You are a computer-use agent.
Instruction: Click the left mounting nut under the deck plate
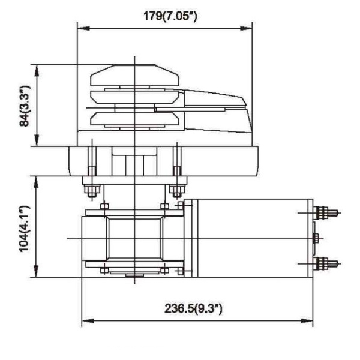pyautogui.click(x=92, y=191)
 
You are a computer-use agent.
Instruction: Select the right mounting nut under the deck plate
pyautogui.click(x=176, y=191)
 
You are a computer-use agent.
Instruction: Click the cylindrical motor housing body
pyautogui.click(x=249, y=238)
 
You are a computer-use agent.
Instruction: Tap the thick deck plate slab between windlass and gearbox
pyautogui.click(x=162, y=161)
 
